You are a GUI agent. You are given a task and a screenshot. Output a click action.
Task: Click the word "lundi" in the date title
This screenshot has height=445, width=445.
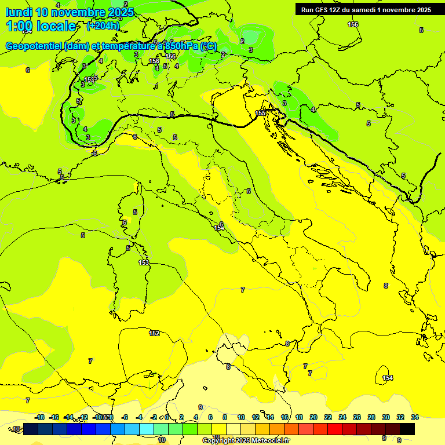tap(19, 13)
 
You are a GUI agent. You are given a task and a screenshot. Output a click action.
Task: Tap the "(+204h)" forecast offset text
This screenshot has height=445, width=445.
tap(103, 25)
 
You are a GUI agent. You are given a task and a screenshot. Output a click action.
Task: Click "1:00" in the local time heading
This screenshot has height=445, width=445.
tap(19, 26)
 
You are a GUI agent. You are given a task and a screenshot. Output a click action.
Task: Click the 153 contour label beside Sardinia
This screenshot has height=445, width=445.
tap(144, 262)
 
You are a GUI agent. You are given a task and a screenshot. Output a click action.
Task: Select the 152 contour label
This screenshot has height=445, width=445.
tap(154, 333)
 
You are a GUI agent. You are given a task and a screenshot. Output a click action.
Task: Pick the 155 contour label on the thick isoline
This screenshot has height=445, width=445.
tap(260, 113)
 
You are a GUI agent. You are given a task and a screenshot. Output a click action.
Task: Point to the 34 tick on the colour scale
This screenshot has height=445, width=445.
tap(415, 417)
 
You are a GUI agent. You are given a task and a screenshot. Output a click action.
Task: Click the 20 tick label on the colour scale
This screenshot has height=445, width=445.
tap(313, 417)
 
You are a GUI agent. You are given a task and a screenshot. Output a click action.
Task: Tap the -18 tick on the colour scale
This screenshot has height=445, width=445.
tap(40, 417)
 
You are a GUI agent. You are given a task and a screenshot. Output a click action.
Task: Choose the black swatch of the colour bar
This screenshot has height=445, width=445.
tap(407, 429)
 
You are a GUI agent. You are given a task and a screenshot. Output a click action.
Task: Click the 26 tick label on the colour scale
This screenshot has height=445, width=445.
tap(357, 417)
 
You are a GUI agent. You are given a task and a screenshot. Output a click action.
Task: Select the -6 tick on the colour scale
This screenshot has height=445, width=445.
tap(125, 417)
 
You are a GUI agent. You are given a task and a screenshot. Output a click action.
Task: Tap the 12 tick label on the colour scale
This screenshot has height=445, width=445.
tap(256, 417)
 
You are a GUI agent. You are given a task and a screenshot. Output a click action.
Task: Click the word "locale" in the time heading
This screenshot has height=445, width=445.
tap(56, 26)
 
